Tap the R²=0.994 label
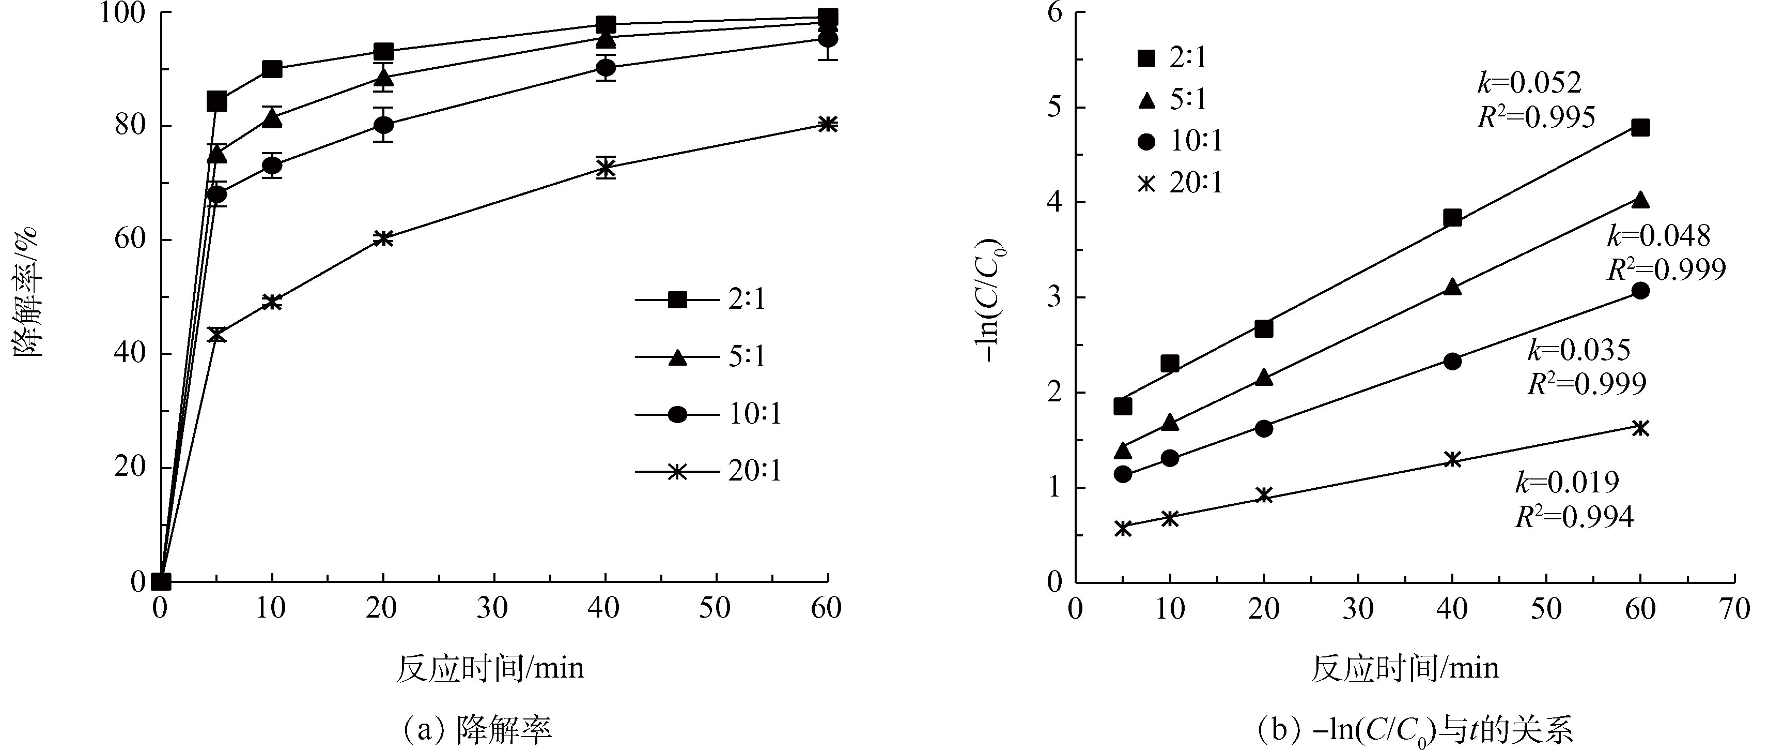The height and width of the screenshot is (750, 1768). [x=1574, y=517]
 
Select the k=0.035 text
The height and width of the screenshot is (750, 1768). [x=1578, y=350]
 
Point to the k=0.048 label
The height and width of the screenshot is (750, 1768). [x=1658, y=235]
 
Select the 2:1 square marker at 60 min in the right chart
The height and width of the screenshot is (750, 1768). [x=1640, y=128]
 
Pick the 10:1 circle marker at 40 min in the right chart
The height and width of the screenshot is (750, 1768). [x=1452, y=361]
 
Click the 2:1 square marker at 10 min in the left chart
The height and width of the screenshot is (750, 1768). [x=272, y=69]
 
